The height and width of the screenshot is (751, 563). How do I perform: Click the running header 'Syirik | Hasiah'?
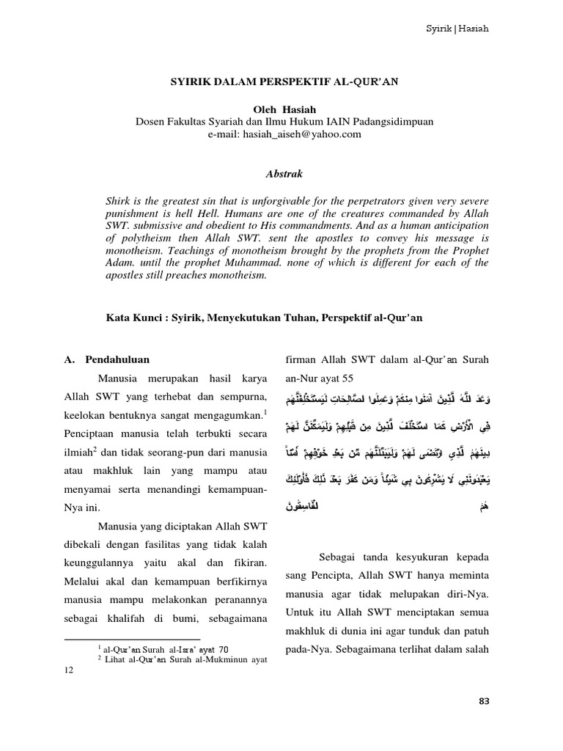click(457, 29)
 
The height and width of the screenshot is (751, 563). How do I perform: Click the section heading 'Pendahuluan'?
click(117, 360)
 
